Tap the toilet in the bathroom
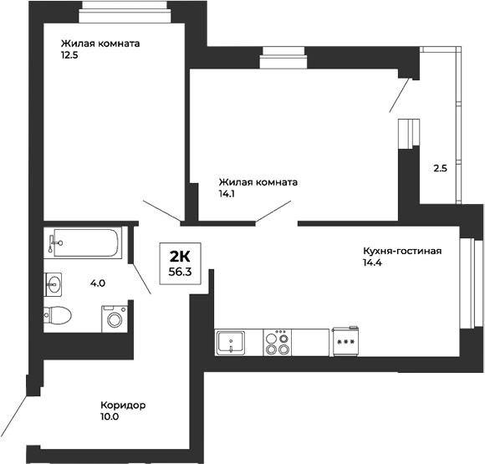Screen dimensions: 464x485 [x=59, y=316]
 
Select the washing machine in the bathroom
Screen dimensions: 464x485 [x=114, y=319]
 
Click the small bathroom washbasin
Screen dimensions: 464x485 [x=54, y=284]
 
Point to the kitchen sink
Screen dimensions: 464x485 [x=231, y=342]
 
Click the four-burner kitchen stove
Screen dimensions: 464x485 [x=277, y=342]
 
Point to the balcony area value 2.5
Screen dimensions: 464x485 [x=440, y=168]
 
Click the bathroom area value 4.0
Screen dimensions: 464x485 [x=99, y=283]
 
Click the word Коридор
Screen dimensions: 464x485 [x=123, y=405]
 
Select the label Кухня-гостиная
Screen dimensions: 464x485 [x=401, y=251]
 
